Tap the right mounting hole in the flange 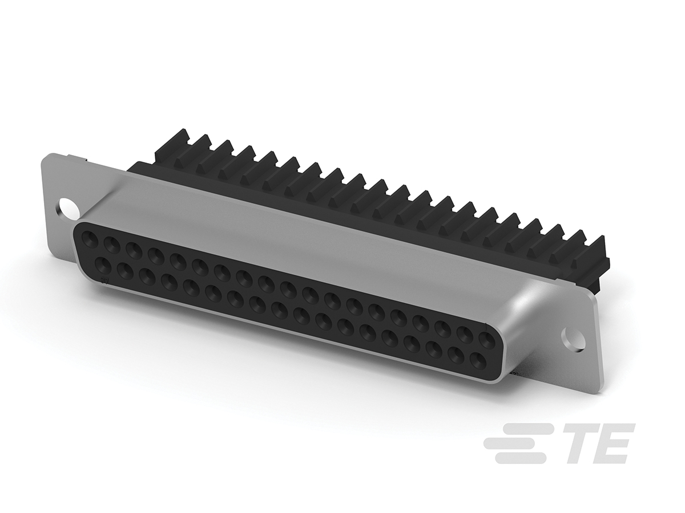[x=573, y=337]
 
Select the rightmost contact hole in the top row [x=486, y=341]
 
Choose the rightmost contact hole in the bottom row [x=477, y=360]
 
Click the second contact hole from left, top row [x=111, y=244]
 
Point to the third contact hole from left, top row [x=133, y=250]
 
